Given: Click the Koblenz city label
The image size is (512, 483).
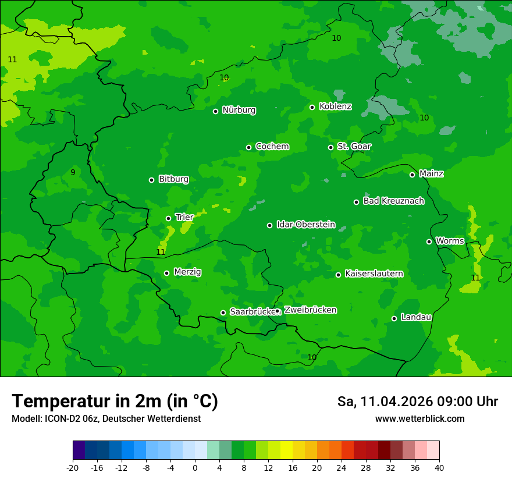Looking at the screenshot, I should pyautogui.click(x=335, y=106).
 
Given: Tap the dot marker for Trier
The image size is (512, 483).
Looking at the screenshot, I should pyautogui.click(x=169, y=218).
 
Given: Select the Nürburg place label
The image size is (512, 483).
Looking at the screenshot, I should pyautogui.click(x=239, y=110).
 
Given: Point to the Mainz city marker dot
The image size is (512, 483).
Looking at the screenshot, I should pyautogui.click(x=412, y=175).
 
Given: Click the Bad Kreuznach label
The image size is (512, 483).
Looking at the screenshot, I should pyautogui.click(x=393, y=201).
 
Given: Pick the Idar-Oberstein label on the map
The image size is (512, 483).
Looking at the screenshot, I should pyautogui.click(x=305, y=224).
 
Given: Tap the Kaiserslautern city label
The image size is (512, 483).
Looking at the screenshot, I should pyautogui.click(x=374, y=274).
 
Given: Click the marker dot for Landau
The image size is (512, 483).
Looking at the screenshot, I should pyautogui.click(x=394, y=318).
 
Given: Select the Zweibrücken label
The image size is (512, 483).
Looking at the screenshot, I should pyautogui.click(x=310, y=310).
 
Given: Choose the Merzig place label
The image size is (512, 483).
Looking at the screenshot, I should pyautogui.click(x=187, y=272).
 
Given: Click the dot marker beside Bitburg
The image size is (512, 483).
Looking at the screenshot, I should pyautogui.click(x=151, y=180).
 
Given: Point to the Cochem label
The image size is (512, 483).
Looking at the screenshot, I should pyautogui.click(x=272, y=146).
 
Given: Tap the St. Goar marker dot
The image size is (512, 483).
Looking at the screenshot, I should pyautogui.click(x=330, y=147).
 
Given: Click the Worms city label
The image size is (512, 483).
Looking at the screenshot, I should pyautogui.click(x=449, y=241).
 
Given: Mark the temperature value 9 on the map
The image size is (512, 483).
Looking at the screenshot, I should pyautogui.click(x=73, y=172).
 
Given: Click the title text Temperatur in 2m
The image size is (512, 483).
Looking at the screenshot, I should pyautogui.click(x=115, y=401).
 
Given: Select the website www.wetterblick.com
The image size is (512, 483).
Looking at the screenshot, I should pyautogui.click(x=419, y=418).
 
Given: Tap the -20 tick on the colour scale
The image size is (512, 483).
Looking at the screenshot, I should pyautogui.click(x=73, y=467).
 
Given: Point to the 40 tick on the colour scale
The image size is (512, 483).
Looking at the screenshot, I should pyautogui.click(x=439, y=467).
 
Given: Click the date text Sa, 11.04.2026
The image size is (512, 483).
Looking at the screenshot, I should pyautogui.click(x=384, y=402).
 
